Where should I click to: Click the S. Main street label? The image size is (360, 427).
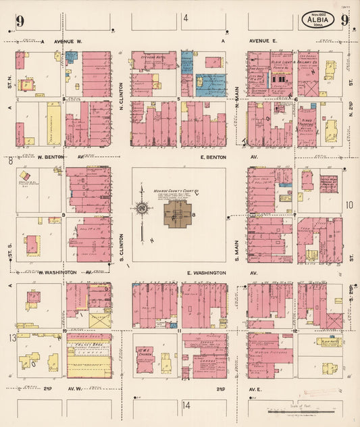click(x=237, y=247)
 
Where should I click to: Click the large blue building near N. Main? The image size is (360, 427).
click(x=211, y=84)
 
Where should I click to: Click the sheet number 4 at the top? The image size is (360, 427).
click(x=186, y=18)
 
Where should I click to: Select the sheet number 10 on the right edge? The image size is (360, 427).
click(x=349, y=206)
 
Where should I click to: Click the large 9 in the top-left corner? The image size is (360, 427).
click(x=21, y=21)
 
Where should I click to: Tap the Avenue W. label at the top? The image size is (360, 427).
click(x=68, y=41)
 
